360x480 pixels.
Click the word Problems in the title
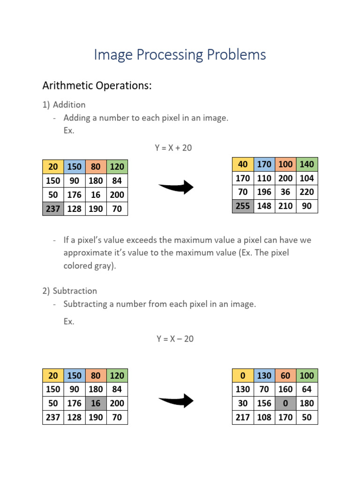(233, 55)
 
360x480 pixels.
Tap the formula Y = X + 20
(173, 148)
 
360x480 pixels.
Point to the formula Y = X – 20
(175, 338)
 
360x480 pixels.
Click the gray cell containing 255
(243, 206)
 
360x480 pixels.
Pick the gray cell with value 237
(53, 209)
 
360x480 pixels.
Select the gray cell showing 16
(96, 403)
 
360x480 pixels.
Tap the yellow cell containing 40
(243, 164)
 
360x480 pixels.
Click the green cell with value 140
(307, 164)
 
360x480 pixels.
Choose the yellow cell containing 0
(243, 375)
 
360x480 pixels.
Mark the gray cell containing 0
(285, 403)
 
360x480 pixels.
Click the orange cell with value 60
(285, 375)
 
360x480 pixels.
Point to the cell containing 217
(243, 417)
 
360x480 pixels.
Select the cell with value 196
(264, 192)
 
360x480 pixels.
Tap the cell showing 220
(307, 192)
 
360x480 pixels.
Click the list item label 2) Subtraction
(69, 291)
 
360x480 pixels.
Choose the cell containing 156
(264, 403)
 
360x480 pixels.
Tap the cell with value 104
(307, 178)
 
